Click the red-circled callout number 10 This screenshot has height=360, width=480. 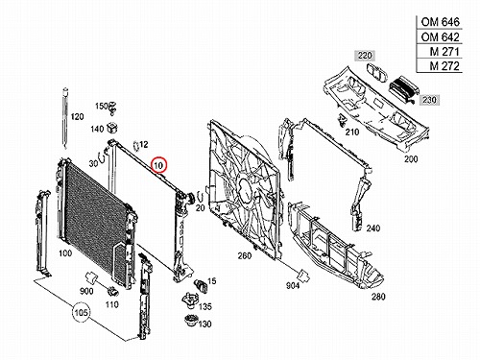pos(159,165)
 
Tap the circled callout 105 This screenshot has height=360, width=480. pos(82,312)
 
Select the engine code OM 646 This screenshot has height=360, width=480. pos(440,22)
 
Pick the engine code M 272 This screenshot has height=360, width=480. pos(444,66)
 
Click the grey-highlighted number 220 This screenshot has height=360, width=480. pos(365,56)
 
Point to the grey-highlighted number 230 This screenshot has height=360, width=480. pos(429,100)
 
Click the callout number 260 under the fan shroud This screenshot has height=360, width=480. pos(245,255)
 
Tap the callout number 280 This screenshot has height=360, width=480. pos(378,297)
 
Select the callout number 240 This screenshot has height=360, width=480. pos(373,228)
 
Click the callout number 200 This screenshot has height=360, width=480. pos(411,158)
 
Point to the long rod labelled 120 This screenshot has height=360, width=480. pos(65,118)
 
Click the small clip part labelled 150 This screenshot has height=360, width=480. pos(112,108)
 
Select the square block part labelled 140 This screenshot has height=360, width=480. pos(112,127)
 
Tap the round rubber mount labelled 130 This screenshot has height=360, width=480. pos(191,321)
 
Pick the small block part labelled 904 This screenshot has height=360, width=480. pos(302,276)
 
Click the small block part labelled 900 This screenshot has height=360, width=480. pos(90,277)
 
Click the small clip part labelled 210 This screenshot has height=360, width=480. pos(343,120)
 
